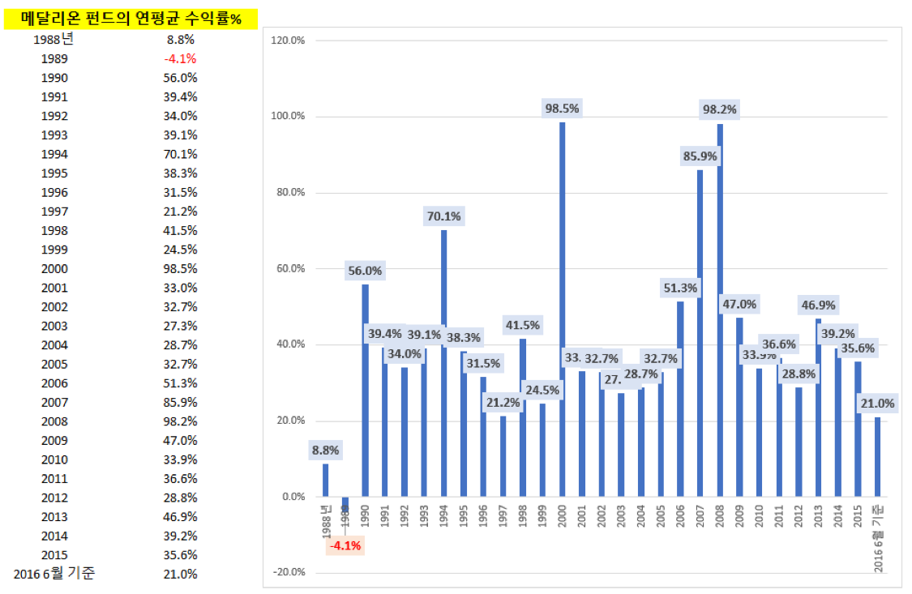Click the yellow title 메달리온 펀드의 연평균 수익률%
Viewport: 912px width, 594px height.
[x=131, y=19]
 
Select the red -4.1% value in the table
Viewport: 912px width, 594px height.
[x=180, y=58]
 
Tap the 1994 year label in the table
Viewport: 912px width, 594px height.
[x=55, y=154]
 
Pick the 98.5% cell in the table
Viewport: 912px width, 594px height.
[x=180, y=268]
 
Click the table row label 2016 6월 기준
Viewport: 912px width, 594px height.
[x=54, y=574]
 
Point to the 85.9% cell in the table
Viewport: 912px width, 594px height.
[x=180, y=402]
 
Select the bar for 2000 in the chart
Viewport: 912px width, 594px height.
[x=562, y=308]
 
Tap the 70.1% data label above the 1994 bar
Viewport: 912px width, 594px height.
[x=444, y=216]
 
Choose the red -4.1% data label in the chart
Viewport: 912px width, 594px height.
[x=345, y=545]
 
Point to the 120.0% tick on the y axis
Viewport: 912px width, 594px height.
[x=288, y=40]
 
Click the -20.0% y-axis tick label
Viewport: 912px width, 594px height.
[x=288, y=573]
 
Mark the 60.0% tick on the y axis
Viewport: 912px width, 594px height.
[x=288, y=268]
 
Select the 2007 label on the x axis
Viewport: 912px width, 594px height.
[x=700, y=515]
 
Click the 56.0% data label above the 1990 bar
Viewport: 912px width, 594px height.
[x=366, y=271]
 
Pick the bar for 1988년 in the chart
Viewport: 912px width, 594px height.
[x=326, y=480]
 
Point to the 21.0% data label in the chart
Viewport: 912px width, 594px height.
[x=878, y=404]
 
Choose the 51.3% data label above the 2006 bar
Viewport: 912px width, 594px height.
[x=680, y=288]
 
